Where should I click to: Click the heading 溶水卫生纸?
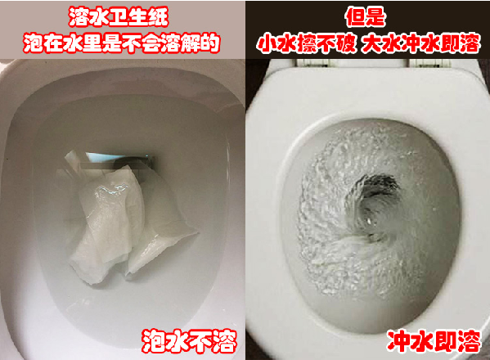point(119,16)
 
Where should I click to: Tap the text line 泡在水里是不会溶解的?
point(122,43)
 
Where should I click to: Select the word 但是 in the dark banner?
point(365,16)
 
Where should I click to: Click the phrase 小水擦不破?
point(306,43)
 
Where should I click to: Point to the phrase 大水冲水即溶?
point(420,43)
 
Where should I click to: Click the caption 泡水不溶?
point(189,340)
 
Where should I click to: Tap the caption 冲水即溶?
point(434,340)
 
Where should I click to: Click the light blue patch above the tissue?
point(100,157)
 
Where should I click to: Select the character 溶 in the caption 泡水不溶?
point(224,340)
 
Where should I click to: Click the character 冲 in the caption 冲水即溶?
point(398,340)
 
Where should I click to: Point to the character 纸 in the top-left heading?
point(159,16)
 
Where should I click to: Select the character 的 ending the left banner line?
point(210,43)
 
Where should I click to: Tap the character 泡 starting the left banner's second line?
point(33,43)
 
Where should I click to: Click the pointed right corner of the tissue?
point(197,233)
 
